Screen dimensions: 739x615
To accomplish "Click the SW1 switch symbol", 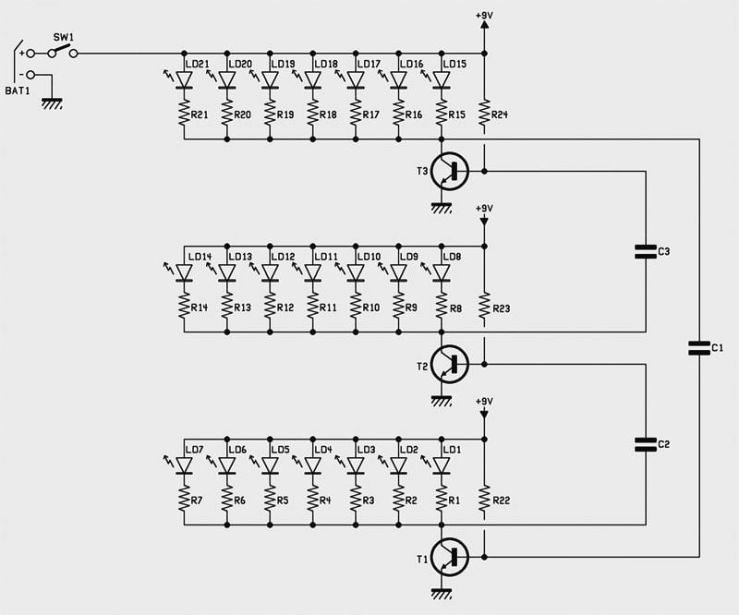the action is pyautogui.click(x=63, y=52).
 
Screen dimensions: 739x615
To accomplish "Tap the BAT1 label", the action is pyautogui.click(x=18, y=90).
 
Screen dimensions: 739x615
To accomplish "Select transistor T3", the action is pyautogui.click(x=449, y=171).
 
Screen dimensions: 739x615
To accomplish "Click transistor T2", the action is pyautogui.click(x=449, y=364).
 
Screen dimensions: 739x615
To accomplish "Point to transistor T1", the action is pyautogui.click(x=449, y=557).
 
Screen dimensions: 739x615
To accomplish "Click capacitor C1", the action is pyautogui.click(x=699, y=348).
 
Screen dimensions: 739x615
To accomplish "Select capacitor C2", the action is pyautogui.click(x=646, y=444).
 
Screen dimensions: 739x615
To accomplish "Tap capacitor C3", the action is pyautogui.click(x=646, y=252).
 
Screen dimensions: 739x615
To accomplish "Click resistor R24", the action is pyautogui.click(x=484, y=114).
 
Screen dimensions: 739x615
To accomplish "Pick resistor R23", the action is pyautogui.click(x=484, y=307).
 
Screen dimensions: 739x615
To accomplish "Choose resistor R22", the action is pyautogui.click(x=484, y=500).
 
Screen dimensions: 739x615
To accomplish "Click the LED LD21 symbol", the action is pyautogui.click(x=184, y=79).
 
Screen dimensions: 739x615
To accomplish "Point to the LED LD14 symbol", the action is pyautogui.click(x=184, y=272).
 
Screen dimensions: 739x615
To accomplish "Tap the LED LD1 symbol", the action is pyautogui.click(x=442, y=465).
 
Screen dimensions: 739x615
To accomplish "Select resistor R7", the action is pyautogui.click(x=184, y=500).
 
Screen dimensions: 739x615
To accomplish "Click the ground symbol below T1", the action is pyautogui.click(x=442, y=593).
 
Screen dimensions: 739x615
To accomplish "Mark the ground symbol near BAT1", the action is pyautogui.click(x=52, y=103).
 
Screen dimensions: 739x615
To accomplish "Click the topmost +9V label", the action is pyautogui.click(x=484, y=16).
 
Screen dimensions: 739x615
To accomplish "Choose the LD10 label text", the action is pyautogui.click(x=369, y=257).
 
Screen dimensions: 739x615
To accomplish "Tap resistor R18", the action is pyautogui.click(x=312, y=114).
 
